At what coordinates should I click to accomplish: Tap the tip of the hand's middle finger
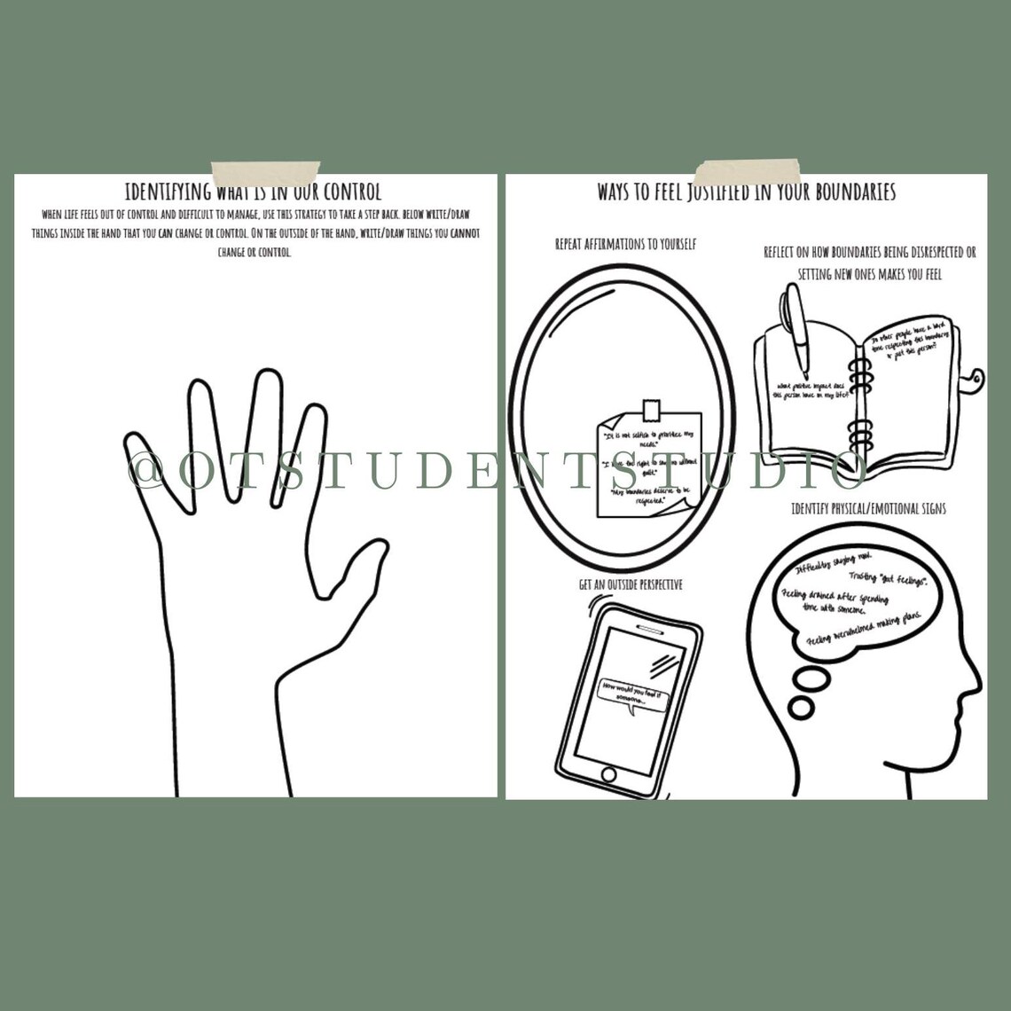tap(265, 380)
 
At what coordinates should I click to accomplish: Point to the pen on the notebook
tap(796, 328)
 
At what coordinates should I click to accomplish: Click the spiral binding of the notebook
tap(858, 399)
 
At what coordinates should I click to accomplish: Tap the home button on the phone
tap(608, 773)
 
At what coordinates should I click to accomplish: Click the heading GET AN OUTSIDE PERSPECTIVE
tap(631, 585)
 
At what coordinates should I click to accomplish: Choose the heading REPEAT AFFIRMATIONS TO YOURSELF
tap(625, 243)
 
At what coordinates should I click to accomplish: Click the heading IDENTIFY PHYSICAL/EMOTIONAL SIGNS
tap(868, 508)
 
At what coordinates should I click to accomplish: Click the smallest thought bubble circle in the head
tap(802, 707)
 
